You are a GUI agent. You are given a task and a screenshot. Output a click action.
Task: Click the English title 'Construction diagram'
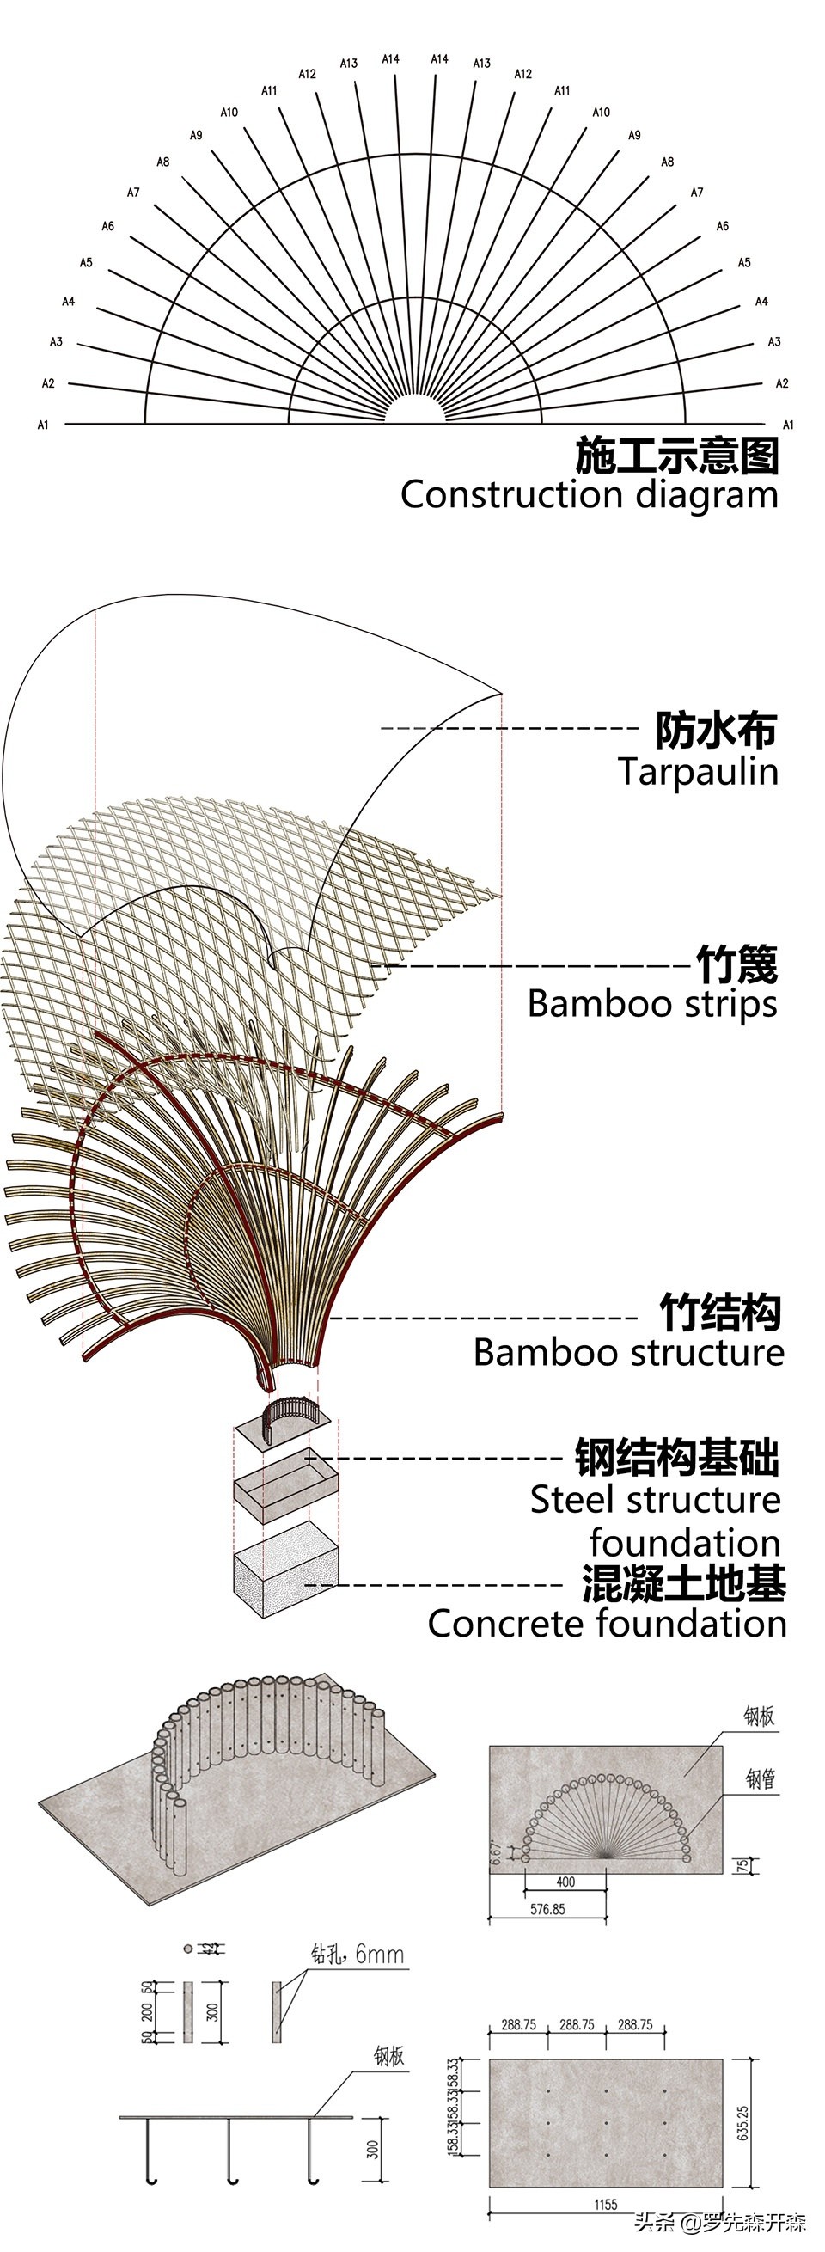point(589,495)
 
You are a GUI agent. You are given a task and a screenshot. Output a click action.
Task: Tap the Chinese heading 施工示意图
point(676,456)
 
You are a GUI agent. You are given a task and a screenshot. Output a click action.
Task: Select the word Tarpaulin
point(698,772)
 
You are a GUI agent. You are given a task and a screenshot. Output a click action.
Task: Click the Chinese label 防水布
point(716,730)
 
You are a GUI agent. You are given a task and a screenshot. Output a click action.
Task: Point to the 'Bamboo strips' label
point(652,1004)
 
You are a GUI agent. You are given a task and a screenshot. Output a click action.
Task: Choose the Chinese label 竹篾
point(736,964)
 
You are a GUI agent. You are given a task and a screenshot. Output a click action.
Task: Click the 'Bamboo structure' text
point(628,1352)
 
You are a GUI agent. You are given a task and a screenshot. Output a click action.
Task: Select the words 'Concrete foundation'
point(607,1625)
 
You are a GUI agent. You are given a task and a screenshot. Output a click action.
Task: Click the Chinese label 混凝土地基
point(683,1583)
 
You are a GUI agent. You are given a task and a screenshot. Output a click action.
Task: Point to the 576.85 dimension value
point(547,1909)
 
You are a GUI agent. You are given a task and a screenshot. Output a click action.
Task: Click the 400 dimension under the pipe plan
point(565,1882)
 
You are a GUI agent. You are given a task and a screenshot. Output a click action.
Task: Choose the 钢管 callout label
point(760,1778)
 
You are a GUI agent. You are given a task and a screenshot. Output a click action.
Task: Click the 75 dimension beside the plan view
point(742,1865)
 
